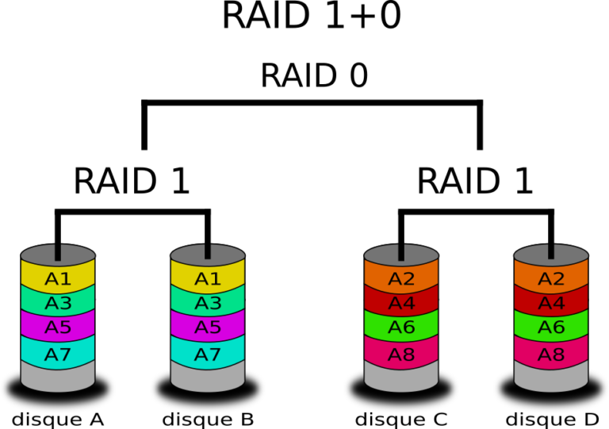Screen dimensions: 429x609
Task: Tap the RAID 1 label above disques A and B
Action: [132, 182]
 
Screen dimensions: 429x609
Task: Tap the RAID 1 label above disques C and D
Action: [476, 182]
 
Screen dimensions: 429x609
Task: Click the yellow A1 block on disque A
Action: [58, 279]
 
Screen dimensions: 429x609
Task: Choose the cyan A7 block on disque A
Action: [58, 353]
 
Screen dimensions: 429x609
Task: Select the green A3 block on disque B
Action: [208, 304]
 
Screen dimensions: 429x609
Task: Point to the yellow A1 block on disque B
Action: [208, 279]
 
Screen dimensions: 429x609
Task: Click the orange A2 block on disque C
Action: [401, 279]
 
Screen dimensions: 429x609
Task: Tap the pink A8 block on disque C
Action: [401, 353]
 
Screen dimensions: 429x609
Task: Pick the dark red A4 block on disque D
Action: [552, 304]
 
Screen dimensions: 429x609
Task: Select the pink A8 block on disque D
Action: [552, 353]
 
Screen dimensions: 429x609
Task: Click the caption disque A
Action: [58, 418]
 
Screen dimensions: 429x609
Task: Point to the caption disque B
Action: [208, 418]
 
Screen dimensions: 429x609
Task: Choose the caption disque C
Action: [401, 418]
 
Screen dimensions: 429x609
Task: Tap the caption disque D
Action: [552, 418]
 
